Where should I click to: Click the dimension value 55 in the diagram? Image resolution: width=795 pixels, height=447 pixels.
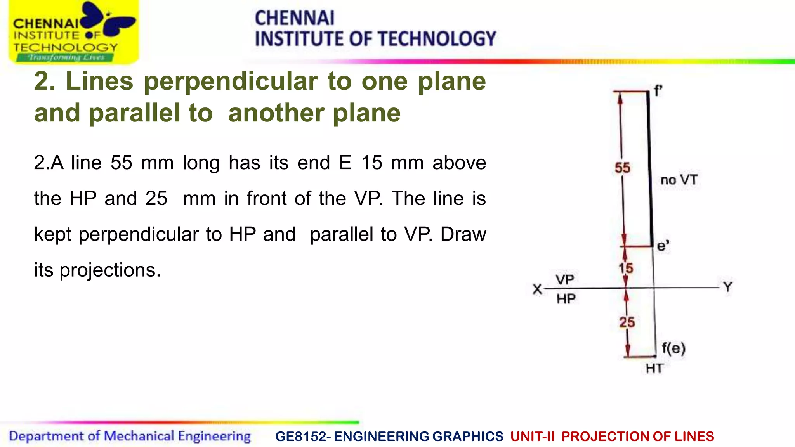pyautogui.click(x=622, y=168)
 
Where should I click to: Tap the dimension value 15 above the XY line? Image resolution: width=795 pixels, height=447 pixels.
pyautogui.click(x=626, y=268)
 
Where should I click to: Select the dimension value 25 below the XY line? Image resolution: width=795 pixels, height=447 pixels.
pyautogui.click(x=627, y=322)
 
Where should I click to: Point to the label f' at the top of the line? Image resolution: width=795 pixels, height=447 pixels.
pyautogui.click(x=658, y=91)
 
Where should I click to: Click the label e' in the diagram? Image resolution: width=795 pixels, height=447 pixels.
pyautogui.click(x=663, y=246)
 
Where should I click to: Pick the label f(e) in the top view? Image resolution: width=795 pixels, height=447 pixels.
pyautogui.click(x=673, y=348)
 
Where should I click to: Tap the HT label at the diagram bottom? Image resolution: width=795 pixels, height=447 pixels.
pyautogui.click(x=654, y=368)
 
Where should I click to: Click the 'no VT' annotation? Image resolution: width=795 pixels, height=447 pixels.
pyautogui.click(x=679, y=180)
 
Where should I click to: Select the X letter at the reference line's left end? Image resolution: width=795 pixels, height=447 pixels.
pyautogui.click(x=537, y=289)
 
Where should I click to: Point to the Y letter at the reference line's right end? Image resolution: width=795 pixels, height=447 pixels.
pyautogui.click(x=727, y=287)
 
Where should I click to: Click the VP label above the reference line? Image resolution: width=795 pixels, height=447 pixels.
pyautogui.click(x=564, y=279)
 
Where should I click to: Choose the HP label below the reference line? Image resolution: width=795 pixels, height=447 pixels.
pyautogui.click(x=566, y=299)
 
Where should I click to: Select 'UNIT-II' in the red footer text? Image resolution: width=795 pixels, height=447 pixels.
pyautogui.click(x=533, y=437)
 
